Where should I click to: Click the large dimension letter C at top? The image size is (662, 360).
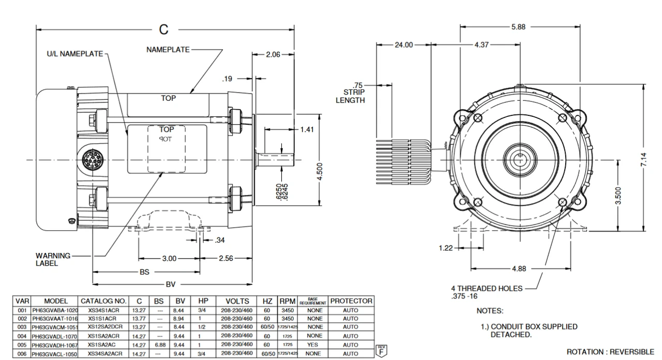(163, 29)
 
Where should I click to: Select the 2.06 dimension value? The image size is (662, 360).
(274, 54)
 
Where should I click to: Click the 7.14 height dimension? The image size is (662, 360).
(644, 159)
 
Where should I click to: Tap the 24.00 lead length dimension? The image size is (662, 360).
(404, 45)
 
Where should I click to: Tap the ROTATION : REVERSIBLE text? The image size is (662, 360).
(610, 352)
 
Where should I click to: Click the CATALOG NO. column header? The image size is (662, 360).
(103, 301)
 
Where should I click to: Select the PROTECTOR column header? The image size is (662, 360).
(351, 301)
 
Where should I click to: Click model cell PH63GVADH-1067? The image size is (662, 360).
(54, 344)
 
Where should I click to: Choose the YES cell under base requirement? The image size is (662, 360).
(314, 344)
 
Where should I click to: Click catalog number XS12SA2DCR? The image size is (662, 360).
(105, 327)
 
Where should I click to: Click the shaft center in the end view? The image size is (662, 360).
(519, 159)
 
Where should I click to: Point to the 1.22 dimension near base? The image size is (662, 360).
(445, 248)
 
